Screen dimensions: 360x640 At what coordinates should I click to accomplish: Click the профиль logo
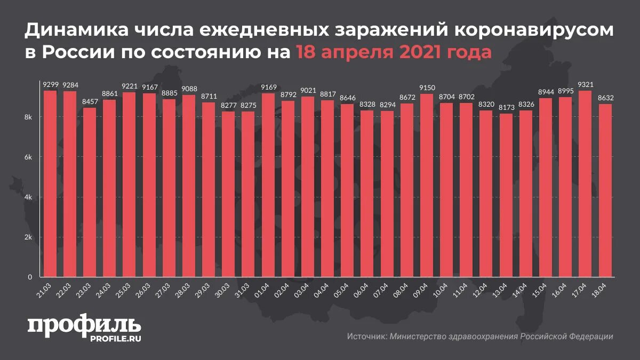pyautogui.click(x=84, y=325)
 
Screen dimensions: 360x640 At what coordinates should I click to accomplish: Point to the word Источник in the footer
pyautogui.click(x=366, y=337)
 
